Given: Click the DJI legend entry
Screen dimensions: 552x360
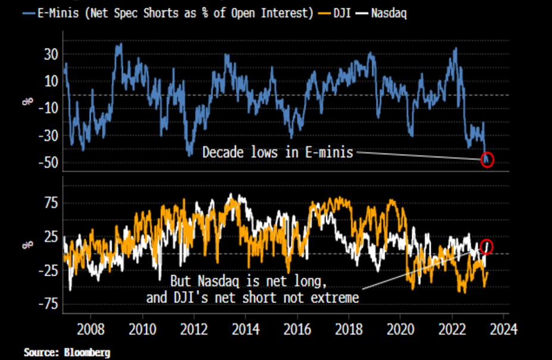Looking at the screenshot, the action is coord(342,13).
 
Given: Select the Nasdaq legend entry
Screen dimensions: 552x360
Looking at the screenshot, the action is coord(389,13).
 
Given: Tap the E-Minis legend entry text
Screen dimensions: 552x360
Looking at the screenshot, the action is coord(175,13).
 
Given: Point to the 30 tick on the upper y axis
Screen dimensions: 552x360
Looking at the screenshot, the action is coord(51,55).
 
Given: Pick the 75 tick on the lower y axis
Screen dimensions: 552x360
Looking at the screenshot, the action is coord(51,203).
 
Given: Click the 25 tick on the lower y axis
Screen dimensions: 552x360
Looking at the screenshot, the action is coord(51,237).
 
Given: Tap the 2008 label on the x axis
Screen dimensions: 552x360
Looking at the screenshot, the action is coord(90,330).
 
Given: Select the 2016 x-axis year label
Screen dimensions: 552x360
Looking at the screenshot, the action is coord(297,330).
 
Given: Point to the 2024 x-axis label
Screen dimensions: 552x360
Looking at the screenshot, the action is coord(504,330).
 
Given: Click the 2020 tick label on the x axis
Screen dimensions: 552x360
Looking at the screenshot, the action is coord(400,330).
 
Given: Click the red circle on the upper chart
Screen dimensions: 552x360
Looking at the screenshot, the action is coord(488,154).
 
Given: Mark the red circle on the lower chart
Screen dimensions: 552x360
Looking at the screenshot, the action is coord(487,240).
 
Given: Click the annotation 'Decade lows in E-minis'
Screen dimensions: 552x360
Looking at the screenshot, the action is coord(278,152).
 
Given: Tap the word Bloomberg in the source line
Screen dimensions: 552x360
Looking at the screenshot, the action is coord(87,352).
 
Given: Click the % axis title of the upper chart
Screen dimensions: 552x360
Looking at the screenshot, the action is coord(27,101).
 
